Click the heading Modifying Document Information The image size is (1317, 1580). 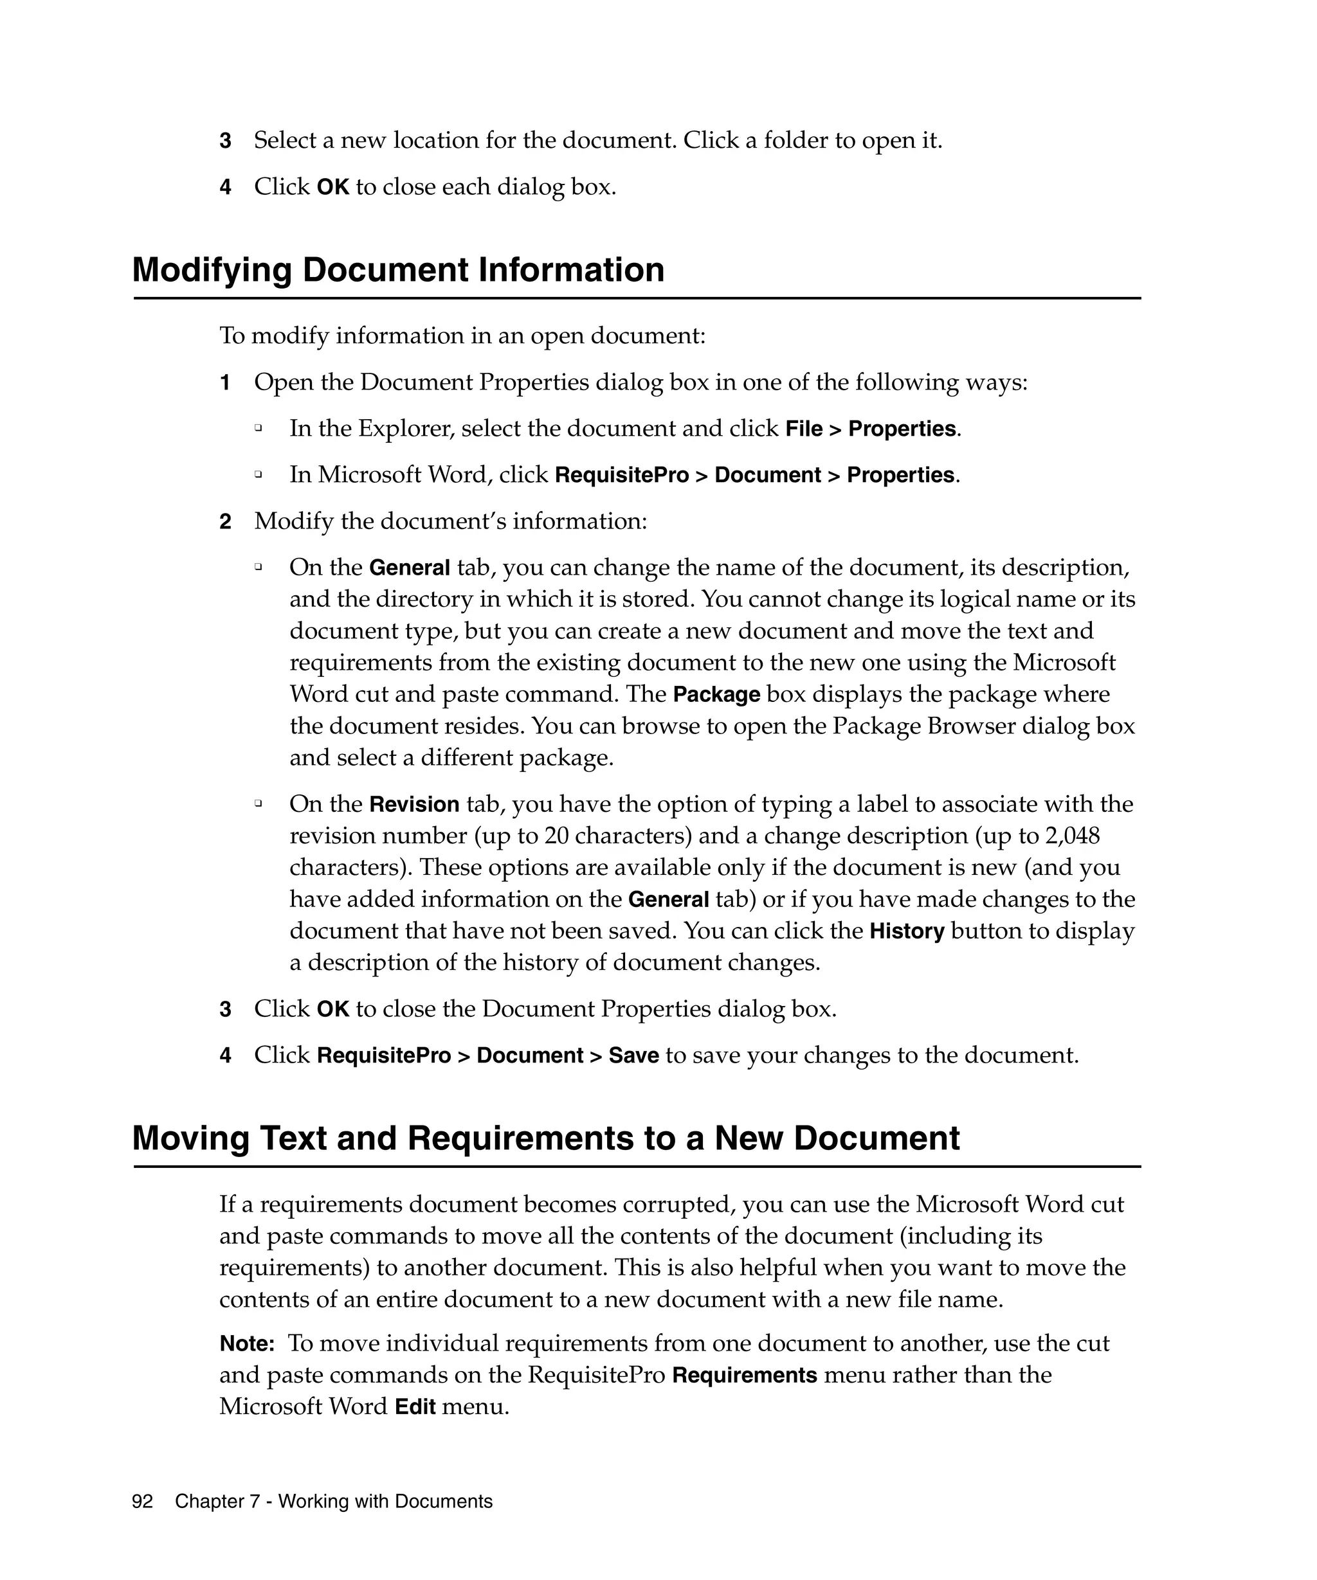pyautogui.click(x=398, y=270)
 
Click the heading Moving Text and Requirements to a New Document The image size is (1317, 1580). pyautogui.click(x=545, y=1138)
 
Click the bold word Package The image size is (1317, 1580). pyautogui.click(x=716, y=694)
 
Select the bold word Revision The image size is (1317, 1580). pyautogui.click(x=414, y=804)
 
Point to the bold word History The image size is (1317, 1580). pyautogui.click(x=907, y=931)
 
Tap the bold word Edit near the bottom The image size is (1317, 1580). pyautogui.click(x=415, y=1407)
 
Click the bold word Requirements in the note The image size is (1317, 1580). pyautogui.click(x=744, y=1376)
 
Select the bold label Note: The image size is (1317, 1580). pyautogui.click(x=247, y=1343)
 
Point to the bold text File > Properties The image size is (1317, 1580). pyautogui.click(x=871, y=429)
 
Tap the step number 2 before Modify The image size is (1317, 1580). pyautogui.click(x=225, y=521)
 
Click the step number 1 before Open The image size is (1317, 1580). pyautogui.click(x=225, y=383)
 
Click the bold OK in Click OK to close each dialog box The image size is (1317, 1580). pyautogui.click(x=332, y=186)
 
